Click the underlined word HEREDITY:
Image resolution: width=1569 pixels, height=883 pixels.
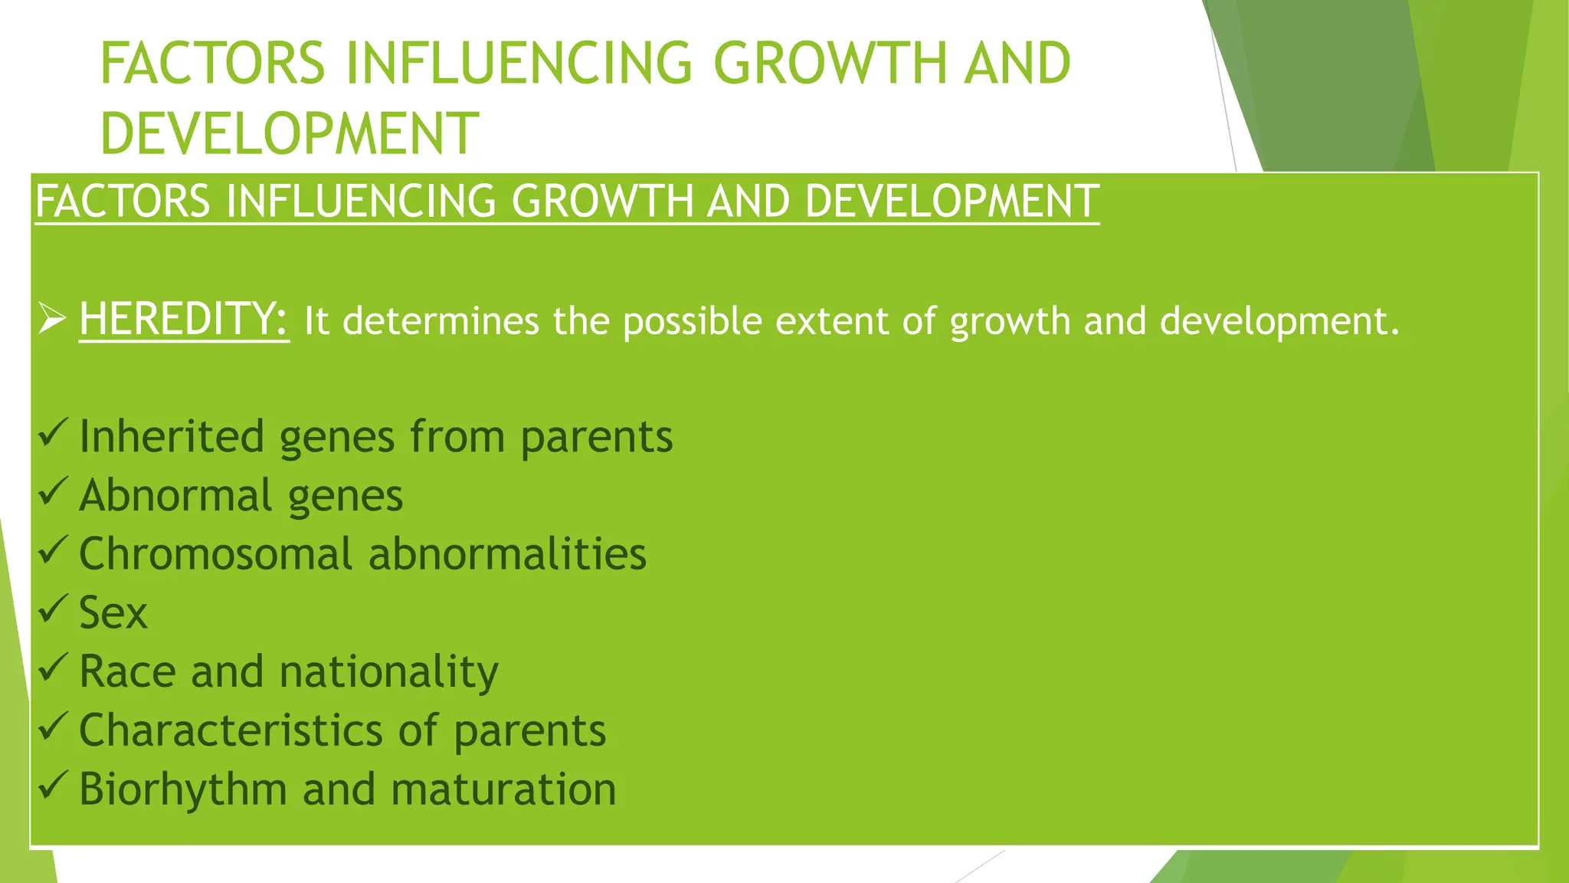click(184, 320)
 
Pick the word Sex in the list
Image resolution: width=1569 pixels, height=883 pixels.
click(113, 613)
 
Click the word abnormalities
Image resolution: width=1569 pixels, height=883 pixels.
click(507, 554)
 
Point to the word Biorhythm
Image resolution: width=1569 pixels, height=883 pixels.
click(182, 790)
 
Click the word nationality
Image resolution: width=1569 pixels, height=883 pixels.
click(388, 672)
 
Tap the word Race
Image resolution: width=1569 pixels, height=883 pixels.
click(127, 672)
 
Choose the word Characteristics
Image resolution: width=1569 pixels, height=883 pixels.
click(230, 730)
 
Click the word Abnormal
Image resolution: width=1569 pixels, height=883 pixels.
click(175, 495)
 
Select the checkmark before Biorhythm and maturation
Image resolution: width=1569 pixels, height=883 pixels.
click(53, 786)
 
